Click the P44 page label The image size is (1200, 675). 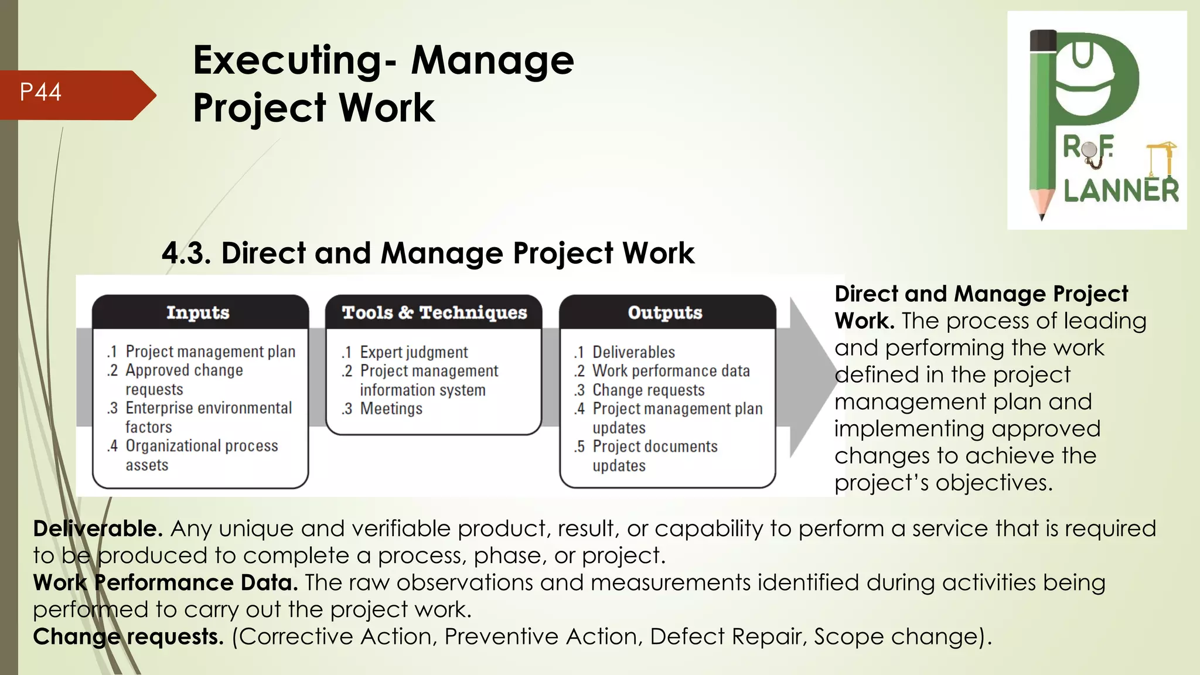pyautogui.click(x=40, y=93)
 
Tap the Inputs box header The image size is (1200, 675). pyautogui.click(x=198, y=312)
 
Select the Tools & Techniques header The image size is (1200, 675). pyautogui.click(x=434, y=312)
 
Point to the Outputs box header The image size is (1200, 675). pyautogui.click(x=665, y=312)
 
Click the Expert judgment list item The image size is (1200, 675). pyautogui.click(x=413, y=352)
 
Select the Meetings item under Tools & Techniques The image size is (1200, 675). pyautogui.click(x=391, y=409)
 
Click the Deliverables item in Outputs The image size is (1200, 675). pyautogui.click(x=633, y=352)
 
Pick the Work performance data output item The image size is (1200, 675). pyautogui.click(x=671, y=371)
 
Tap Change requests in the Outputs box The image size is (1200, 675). pyautogui.click(x=648, y=390)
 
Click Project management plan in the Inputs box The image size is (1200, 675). pyautogui.click(x=210, y=352)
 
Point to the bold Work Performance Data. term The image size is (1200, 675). pyautogui.click(x=165, y=582)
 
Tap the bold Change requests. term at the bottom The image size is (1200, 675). pyautogui.click(x=128, y=636)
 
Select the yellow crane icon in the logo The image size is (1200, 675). pyautogui.click(x=1161, y=158)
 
